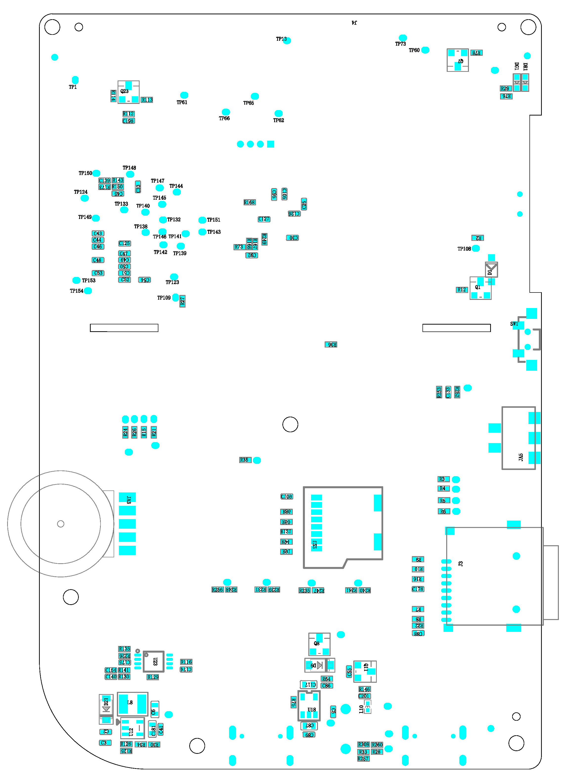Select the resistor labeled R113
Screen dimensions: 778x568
click(147, 100)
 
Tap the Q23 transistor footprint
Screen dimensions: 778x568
click(128, 92)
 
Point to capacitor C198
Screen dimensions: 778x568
click(128, 121)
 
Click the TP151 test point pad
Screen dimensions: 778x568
click(202, 220)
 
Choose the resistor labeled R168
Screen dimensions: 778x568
click(249, 202)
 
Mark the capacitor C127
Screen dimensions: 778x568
click(264, 219)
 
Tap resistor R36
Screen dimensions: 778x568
click(331, 345)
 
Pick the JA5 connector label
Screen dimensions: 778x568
click(521, 457)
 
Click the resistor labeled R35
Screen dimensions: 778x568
click(245, 460)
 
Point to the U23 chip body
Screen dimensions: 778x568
click(153, 661)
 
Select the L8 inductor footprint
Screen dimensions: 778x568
click(132, 704)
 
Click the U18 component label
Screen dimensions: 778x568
click(312, 710)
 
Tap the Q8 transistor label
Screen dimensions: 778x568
click(316, 643)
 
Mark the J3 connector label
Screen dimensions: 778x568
click(461, 563)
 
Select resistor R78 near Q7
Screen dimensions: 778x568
click(476, 53)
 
